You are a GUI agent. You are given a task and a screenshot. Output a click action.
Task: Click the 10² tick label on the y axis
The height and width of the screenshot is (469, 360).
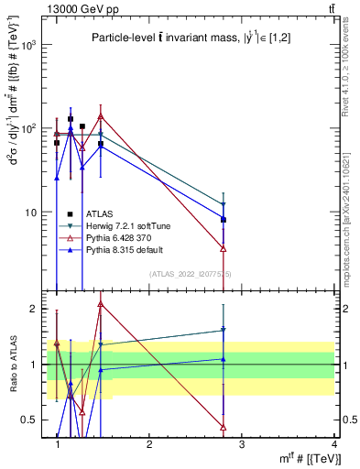pyautogui.click(x=29, y=128)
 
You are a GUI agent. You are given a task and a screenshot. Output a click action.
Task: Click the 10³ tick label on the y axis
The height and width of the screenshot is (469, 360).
pyautogui.click(x=29, y=44)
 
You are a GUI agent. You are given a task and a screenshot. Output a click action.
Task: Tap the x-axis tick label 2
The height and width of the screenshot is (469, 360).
pyautogui.click(x=149, y=444)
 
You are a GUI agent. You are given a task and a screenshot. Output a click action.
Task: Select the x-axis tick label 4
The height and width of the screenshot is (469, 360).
pyautogui.click(x=333, y=444)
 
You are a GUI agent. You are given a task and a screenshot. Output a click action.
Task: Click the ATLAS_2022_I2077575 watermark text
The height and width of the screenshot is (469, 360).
pyautogui.click(x=191, y=274)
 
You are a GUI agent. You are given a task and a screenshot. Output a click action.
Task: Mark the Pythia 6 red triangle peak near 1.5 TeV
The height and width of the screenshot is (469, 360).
pyautogui.click(x=101, y=116)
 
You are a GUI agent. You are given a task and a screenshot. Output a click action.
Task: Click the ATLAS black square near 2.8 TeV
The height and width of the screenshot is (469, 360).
pyautogui.click(x=223, y=220)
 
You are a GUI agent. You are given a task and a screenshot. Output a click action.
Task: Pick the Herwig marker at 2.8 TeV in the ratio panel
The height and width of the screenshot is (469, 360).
pyautogui.click(x=223, y=331)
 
